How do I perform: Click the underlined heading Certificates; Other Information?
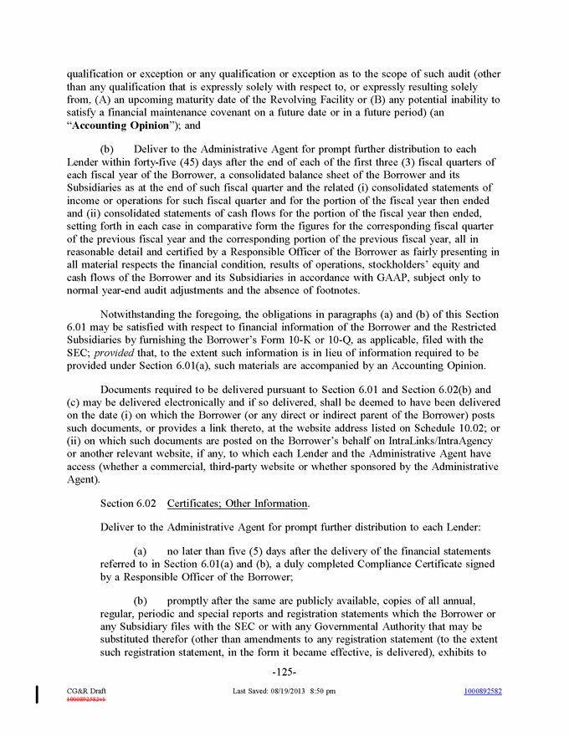[x=238, y=503]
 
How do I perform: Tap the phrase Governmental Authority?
[x=377, y=627]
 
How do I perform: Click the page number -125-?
[x=284, y=672]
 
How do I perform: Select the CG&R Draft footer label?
[x=86, y=691]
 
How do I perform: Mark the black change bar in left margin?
[x=38, y=694]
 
